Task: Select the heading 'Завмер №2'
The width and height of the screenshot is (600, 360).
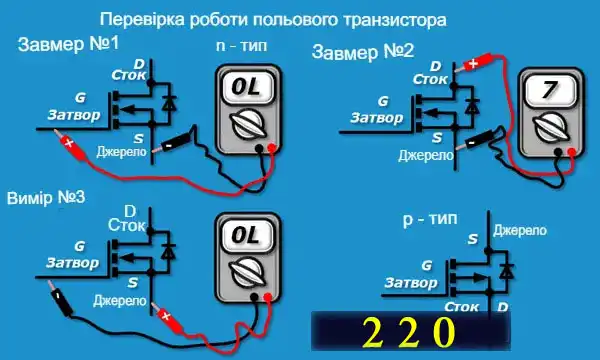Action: [363, 51]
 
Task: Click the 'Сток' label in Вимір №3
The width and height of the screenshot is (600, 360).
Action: [127, 226]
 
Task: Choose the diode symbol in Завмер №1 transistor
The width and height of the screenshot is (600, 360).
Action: [170, 102]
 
